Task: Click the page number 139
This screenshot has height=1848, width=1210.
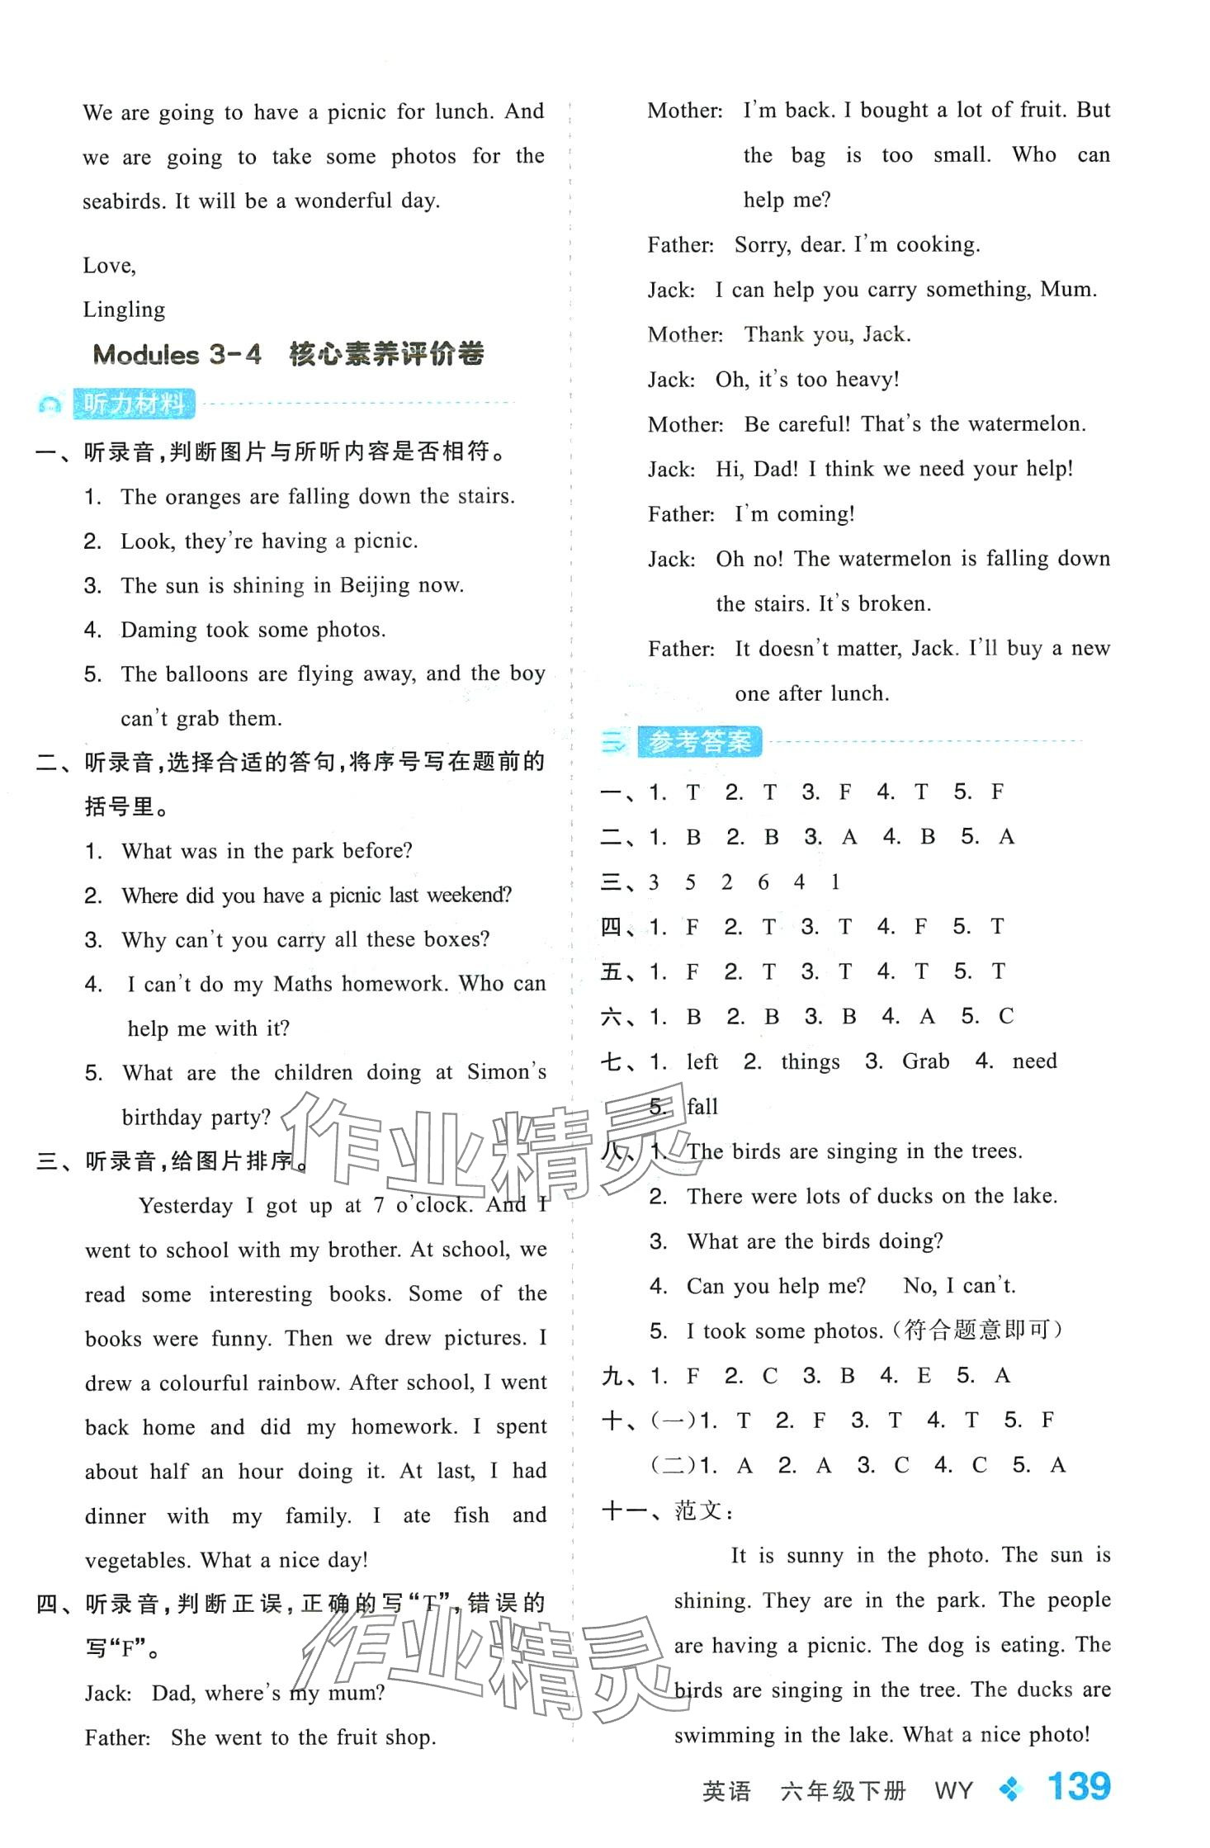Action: coord(1078,1787)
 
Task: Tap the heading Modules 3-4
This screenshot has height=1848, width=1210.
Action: coord(177,355)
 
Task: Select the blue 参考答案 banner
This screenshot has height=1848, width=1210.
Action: coord(699,742)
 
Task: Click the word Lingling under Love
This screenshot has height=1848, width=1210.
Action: coord(124,310)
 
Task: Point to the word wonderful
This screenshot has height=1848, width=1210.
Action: coord(343,201)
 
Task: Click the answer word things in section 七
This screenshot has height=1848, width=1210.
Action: coord(810,1061)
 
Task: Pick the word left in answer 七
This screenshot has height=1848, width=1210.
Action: coord(702,1061)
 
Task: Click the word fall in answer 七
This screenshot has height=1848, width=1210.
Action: coord(702,1106)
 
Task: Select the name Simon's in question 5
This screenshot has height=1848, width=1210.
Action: coord(506,1072)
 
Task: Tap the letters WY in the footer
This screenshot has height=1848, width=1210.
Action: coord(953,1791)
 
